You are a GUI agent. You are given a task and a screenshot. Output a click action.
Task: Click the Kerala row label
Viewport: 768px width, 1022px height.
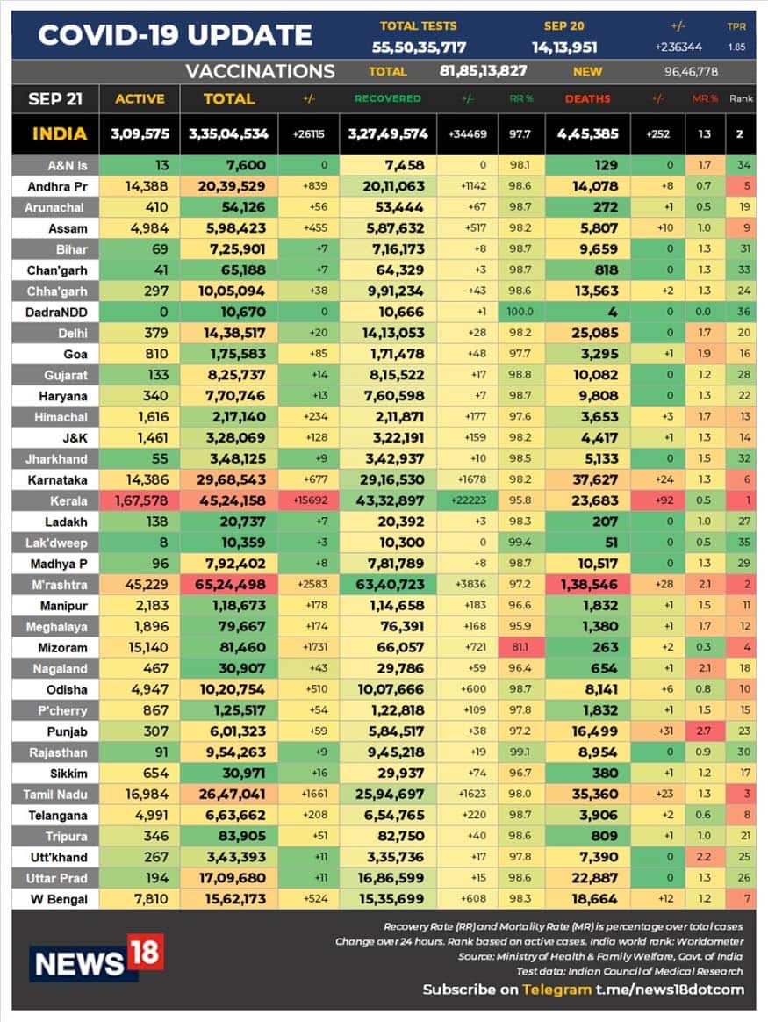[x=55, y=500]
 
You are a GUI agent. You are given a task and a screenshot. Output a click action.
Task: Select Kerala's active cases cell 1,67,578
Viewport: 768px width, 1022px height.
[x=140, y=500]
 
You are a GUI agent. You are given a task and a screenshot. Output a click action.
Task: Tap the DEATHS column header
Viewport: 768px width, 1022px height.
[x=587, y=98]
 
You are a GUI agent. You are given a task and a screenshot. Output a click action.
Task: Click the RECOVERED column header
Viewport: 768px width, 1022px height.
[x=387, y=98]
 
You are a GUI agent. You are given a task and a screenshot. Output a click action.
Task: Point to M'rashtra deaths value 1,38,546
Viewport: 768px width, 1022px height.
[x=587, y=584]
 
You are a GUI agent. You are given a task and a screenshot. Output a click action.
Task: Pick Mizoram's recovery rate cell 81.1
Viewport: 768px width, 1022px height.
[x=520, y=647]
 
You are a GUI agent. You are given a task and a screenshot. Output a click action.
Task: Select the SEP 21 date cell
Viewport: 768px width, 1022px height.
[x=54, y=98]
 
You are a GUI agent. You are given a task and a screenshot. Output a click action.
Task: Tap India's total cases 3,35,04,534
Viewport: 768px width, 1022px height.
[x=228, y=134]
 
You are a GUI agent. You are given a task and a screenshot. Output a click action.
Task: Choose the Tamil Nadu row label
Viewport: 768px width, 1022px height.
[x=55, y=794]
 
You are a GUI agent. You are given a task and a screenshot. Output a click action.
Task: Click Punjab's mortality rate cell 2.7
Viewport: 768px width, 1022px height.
[x=700, y=731]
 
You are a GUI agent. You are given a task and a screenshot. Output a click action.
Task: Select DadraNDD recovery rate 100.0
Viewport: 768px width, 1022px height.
[x=520, y=312]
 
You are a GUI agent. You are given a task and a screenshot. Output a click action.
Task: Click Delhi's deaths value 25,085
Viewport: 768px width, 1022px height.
[x=587, y=333]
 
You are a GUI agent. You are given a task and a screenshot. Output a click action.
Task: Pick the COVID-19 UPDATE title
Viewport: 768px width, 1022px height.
[x=176, y=35]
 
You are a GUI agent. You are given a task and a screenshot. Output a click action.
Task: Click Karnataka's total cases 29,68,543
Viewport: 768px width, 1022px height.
[x=228, y=479]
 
